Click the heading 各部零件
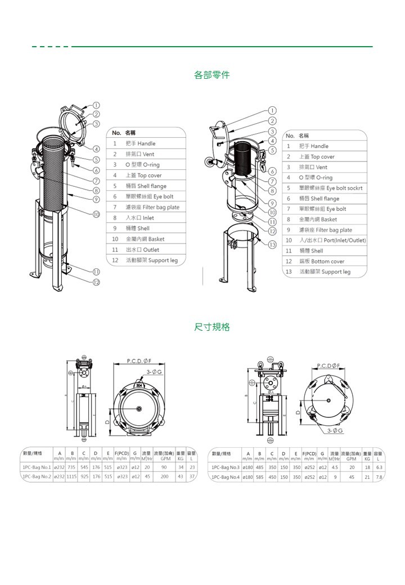pyautogui.click(x=211, y=75)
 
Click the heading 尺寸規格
pyautogui.click(x=211, y=327)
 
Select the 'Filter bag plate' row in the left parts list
pyautogui.click(x=152, y=207)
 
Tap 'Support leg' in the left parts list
pyautogui.click(x=151, y=260)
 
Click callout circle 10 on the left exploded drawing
pyautogui.click(x=96, y=214)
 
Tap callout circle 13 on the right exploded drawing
pyautogui.click(x=272, y=245)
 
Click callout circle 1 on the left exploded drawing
pyautogui.click(x=96, y=105)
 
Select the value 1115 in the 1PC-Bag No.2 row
pyautogui.click(x=71, y=476)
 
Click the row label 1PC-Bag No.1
pyautogui.click(x=37, y=466)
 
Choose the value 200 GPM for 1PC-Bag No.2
pyautogui.click(x=165, y=476)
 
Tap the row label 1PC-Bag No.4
pyautogui.click(x=224, y=477)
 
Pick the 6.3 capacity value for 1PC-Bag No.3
pyautogui.click(x=379, y=467)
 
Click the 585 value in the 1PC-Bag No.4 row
pyautogui.click(x=259, y=477)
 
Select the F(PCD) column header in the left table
pyautogui.click(x=122, y=453)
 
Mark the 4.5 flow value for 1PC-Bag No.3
pyautogui.click(x=335, y=467)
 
